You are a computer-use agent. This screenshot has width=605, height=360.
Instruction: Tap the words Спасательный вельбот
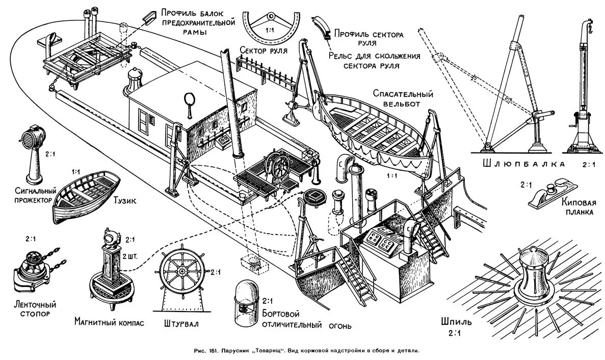click(x=403, y=99)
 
